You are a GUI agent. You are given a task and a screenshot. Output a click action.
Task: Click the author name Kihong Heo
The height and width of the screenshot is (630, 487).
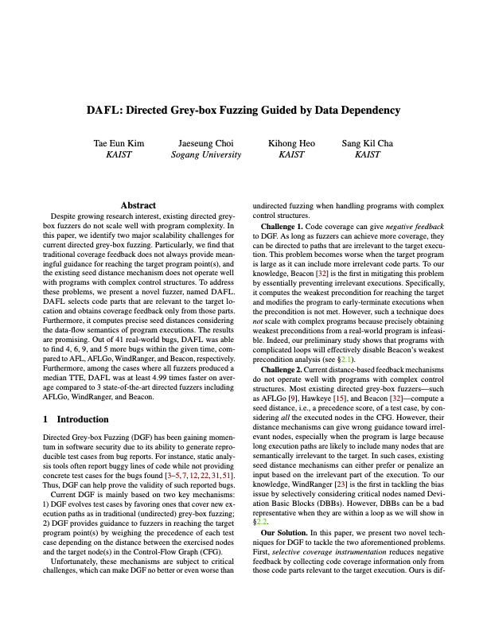[x=292, y=144]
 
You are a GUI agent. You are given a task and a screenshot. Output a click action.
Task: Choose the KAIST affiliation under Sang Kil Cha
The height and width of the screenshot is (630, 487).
[x=368, y=155]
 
